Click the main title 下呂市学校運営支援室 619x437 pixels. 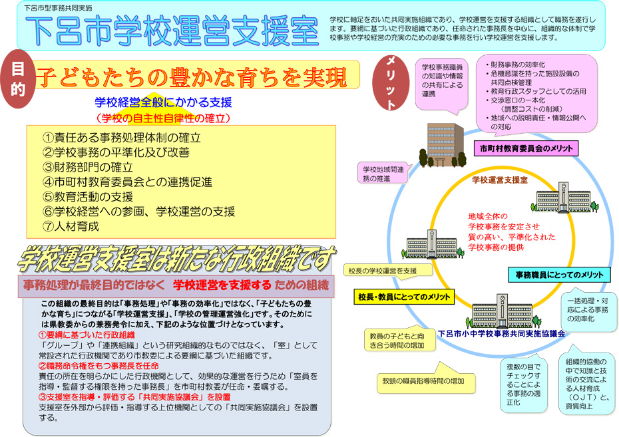click(x=172, y=31)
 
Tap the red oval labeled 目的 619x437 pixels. click(x=18, y=79)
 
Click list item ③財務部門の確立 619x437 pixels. click(x=88, y=167)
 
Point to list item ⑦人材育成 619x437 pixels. click(x=71, y=226)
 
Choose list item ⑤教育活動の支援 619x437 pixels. click(x=88, y=197)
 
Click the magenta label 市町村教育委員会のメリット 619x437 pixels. click(x=526, y=149)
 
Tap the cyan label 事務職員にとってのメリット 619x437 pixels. click(x=559, y=275)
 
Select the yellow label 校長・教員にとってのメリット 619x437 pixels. click(x=404, y=297)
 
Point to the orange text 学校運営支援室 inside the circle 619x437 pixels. click(x=500, y=180)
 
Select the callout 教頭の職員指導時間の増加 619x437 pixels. click(x=426, y=380)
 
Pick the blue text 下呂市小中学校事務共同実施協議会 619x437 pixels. click(x=501, y=334)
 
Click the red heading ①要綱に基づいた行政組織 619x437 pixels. click(x=87, y=335)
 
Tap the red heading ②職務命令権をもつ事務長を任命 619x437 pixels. click(x=99, y=366)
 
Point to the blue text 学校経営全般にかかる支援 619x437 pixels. click(x=163, y=102)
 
